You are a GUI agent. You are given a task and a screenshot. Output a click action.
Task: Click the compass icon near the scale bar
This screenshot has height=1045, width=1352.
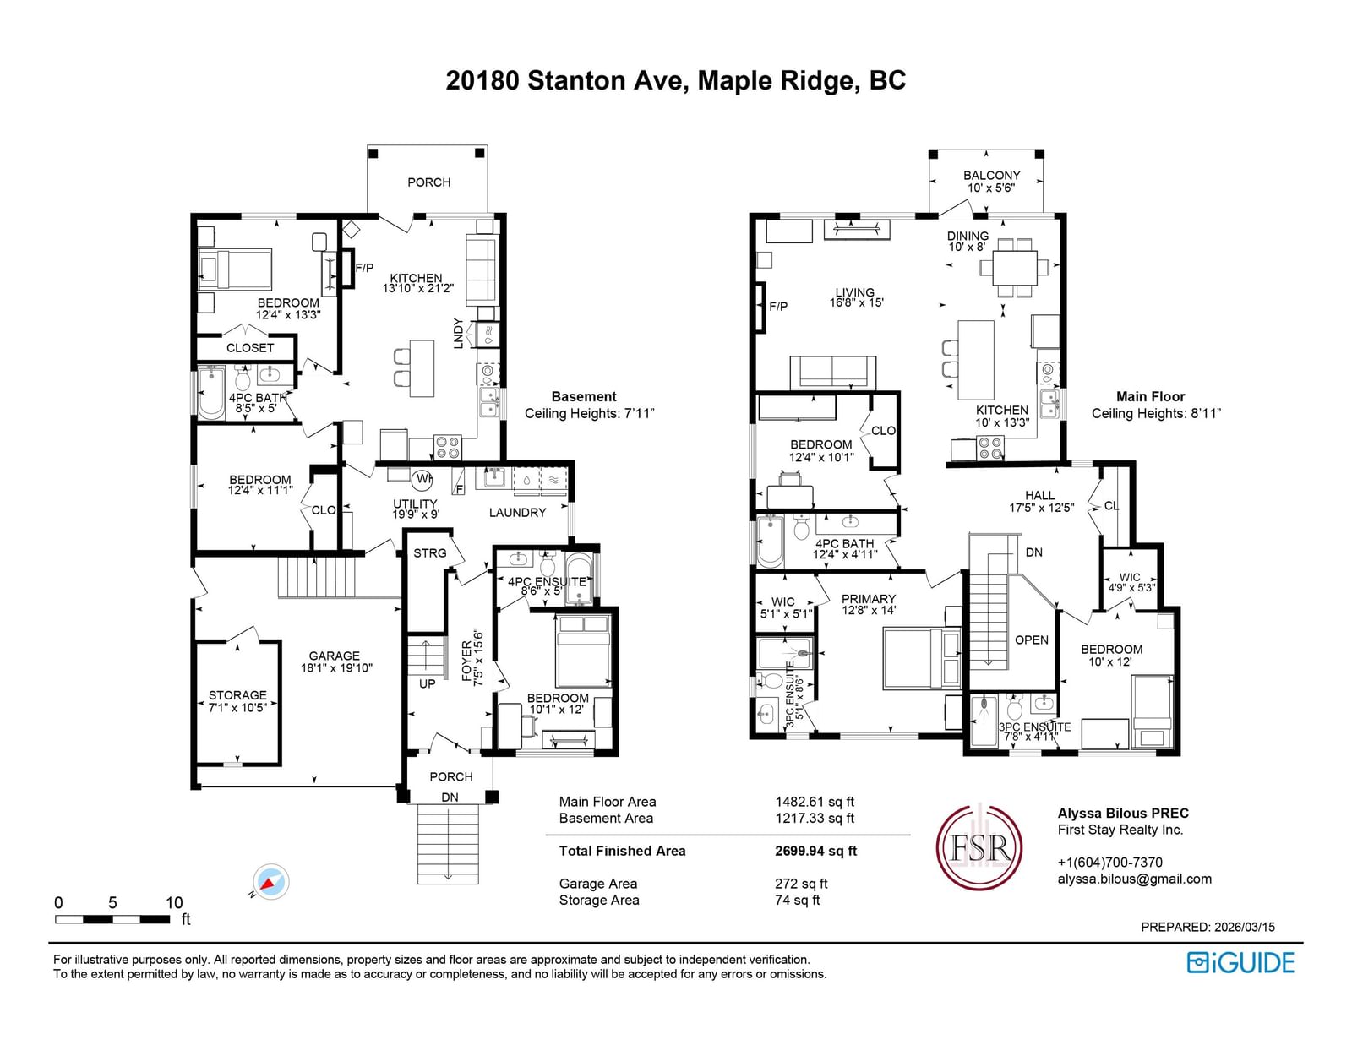pos(271,881)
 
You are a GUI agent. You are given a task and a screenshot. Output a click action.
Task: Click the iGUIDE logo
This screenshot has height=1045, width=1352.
pos(1240,962)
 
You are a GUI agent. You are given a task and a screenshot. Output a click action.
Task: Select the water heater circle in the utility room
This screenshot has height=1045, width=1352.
pos(422,479)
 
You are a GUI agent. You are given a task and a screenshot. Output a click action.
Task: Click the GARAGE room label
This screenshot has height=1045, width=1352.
pos(334,656)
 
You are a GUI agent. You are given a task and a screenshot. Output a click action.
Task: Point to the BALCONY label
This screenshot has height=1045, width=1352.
pos(992,176)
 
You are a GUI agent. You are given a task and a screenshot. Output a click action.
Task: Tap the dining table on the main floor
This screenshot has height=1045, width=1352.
pos(1014,268)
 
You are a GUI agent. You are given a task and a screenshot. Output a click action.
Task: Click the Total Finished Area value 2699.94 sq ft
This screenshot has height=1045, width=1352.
pos(815,851)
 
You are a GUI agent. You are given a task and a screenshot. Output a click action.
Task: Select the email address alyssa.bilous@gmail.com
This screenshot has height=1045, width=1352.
pos(1134,879)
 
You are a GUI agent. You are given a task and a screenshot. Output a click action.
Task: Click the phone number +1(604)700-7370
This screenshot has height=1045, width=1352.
pos(1110,863)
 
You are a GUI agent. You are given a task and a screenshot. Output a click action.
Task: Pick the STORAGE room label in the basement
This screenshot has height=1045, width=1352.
pos(237,694)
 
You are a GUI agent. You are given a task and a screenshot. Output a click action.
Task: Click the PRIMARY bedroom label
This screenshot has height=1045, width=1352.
pos(869,598)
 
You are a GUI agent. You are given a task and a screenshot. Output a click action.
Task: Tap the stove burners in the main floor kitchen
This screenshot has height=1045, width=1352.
pos(990,448)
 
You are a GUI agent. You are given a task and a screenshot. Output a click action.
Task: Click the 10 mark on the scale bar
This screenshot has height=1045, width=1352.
pos(174,902)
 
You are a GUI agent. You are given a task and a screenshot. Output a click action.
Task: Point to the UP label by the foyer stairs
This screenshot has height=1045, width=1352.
pos(427,683)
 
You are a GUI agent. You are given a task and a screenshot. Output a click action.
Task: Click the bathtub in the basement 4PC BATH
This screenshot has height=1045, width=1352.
pos(211,393)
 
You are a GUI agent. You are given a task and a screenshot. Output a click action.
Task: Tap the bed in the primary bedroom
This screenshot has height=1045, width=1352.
pos(922,659)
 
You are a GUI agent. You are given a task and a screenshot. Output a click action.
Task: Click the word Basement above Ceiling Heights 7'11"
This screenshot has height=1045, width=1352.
pos(584,396)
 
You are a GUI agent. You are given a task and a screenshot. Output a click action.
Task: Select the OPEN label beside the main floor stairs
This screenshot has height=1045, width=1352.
pos(1032,640)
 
